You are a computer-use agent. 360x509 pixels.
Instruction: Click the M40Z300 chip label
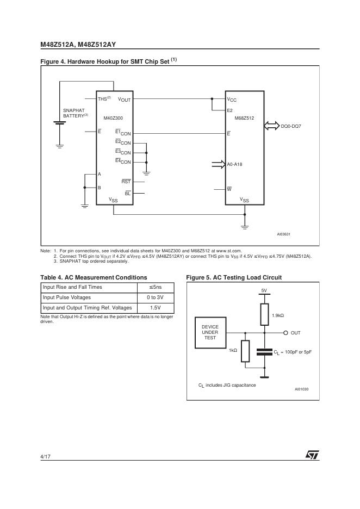pos(113,117)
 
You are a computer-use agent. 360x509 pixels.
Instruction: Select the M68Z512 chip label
pos(244,117)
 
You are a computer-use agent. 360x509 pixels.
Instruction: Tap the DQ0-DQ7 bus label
pos(291,126)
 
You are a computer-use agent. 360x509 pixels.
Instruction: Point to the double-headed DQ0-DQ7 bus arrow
pos(271,126)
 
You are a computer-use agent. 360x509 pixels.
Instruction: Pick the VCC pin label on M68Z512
pos(232,100)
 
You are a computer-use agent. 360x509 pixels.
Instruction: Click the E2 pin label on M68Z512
pos(231,110)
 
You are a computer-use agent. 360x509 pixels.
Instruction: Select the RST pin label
pos(126,181)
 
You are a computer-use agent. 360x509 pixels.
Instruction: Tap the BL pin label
pos(128,193)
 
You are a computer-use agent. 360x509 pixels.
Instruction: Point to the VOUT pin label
pos(125,100)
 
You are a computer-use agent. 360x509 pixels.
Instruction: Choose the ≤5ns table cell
pos(155,287)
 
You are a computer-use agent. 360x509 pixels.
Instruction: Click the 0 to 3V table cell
pos(155,297)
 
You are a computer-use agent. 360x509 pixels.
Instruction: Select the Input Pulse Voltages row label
pos(67,297)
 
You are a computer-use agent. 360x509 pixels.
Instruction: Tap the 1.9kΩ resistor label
pos(279,316)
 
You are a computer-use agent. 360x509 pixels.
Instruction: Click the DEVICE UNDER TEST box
pos(210,332)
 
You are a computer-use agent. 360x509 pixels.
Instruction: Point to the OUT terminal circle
pos(285,332)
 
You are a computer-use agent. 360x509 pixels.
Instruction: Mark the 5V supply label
pos(264,291)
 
